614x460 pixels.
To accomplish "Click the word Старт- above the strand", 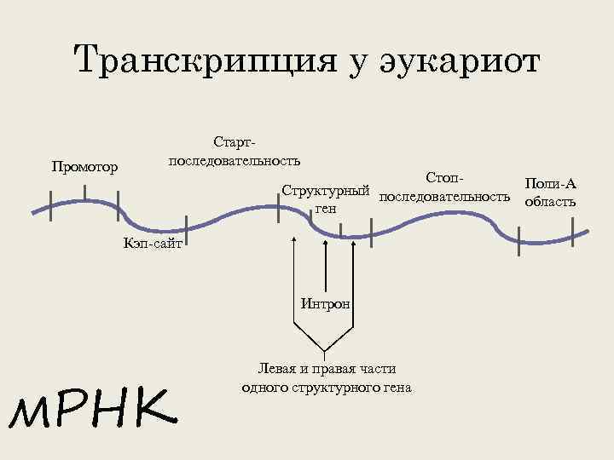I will (234, 141).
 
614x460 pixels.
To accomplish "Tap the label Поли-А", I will (551, 185).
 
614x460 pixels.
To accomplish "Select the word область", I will (551, 202).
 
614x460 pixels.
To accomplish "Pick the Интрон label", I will (325, 304).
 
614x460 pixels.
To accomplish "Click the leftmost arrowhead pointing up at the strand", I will (294, 241).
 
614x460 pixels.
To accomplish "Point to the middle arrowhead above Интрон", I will (325, 241).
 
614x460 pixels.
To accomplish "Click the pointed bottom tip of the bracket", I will (325, 353).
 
